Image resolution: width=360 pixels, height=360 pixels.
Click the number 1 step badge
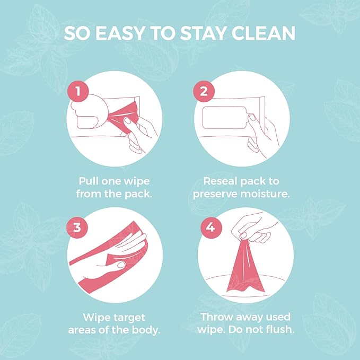pyautogui.click(x=78, y=91)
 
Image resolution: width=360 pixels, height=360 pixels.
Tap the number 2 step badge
pyautogui.click(x=204, y=91)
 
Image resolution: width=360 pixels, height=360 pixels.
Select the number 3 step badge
pyautogui.click(x=77, y=227)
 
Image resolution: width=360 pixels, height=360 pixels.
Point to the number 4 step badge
pyautogui.click(x=211, y=227)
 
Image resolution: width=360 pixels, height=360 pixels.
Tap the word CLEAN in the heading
pyautogui.click(x=264, y=33)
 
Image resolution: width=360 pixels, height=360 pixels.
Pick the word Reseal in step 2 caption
pyautogui.click(x=220, y=181)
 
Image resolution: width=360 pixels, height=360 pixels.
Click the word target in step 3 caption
pyautogui.click(x=130, y=318)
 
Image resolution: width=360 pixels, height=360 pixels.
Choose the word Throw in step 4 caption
pyautogui.click(x=217, y=317)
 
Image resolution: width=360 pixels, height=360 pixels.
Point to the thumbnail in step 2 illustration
pyautogui.click(x=252, y=117)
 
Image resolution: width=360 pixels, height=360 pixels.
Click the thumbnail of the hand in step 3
pyautogui.click(x=121, y=265)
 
